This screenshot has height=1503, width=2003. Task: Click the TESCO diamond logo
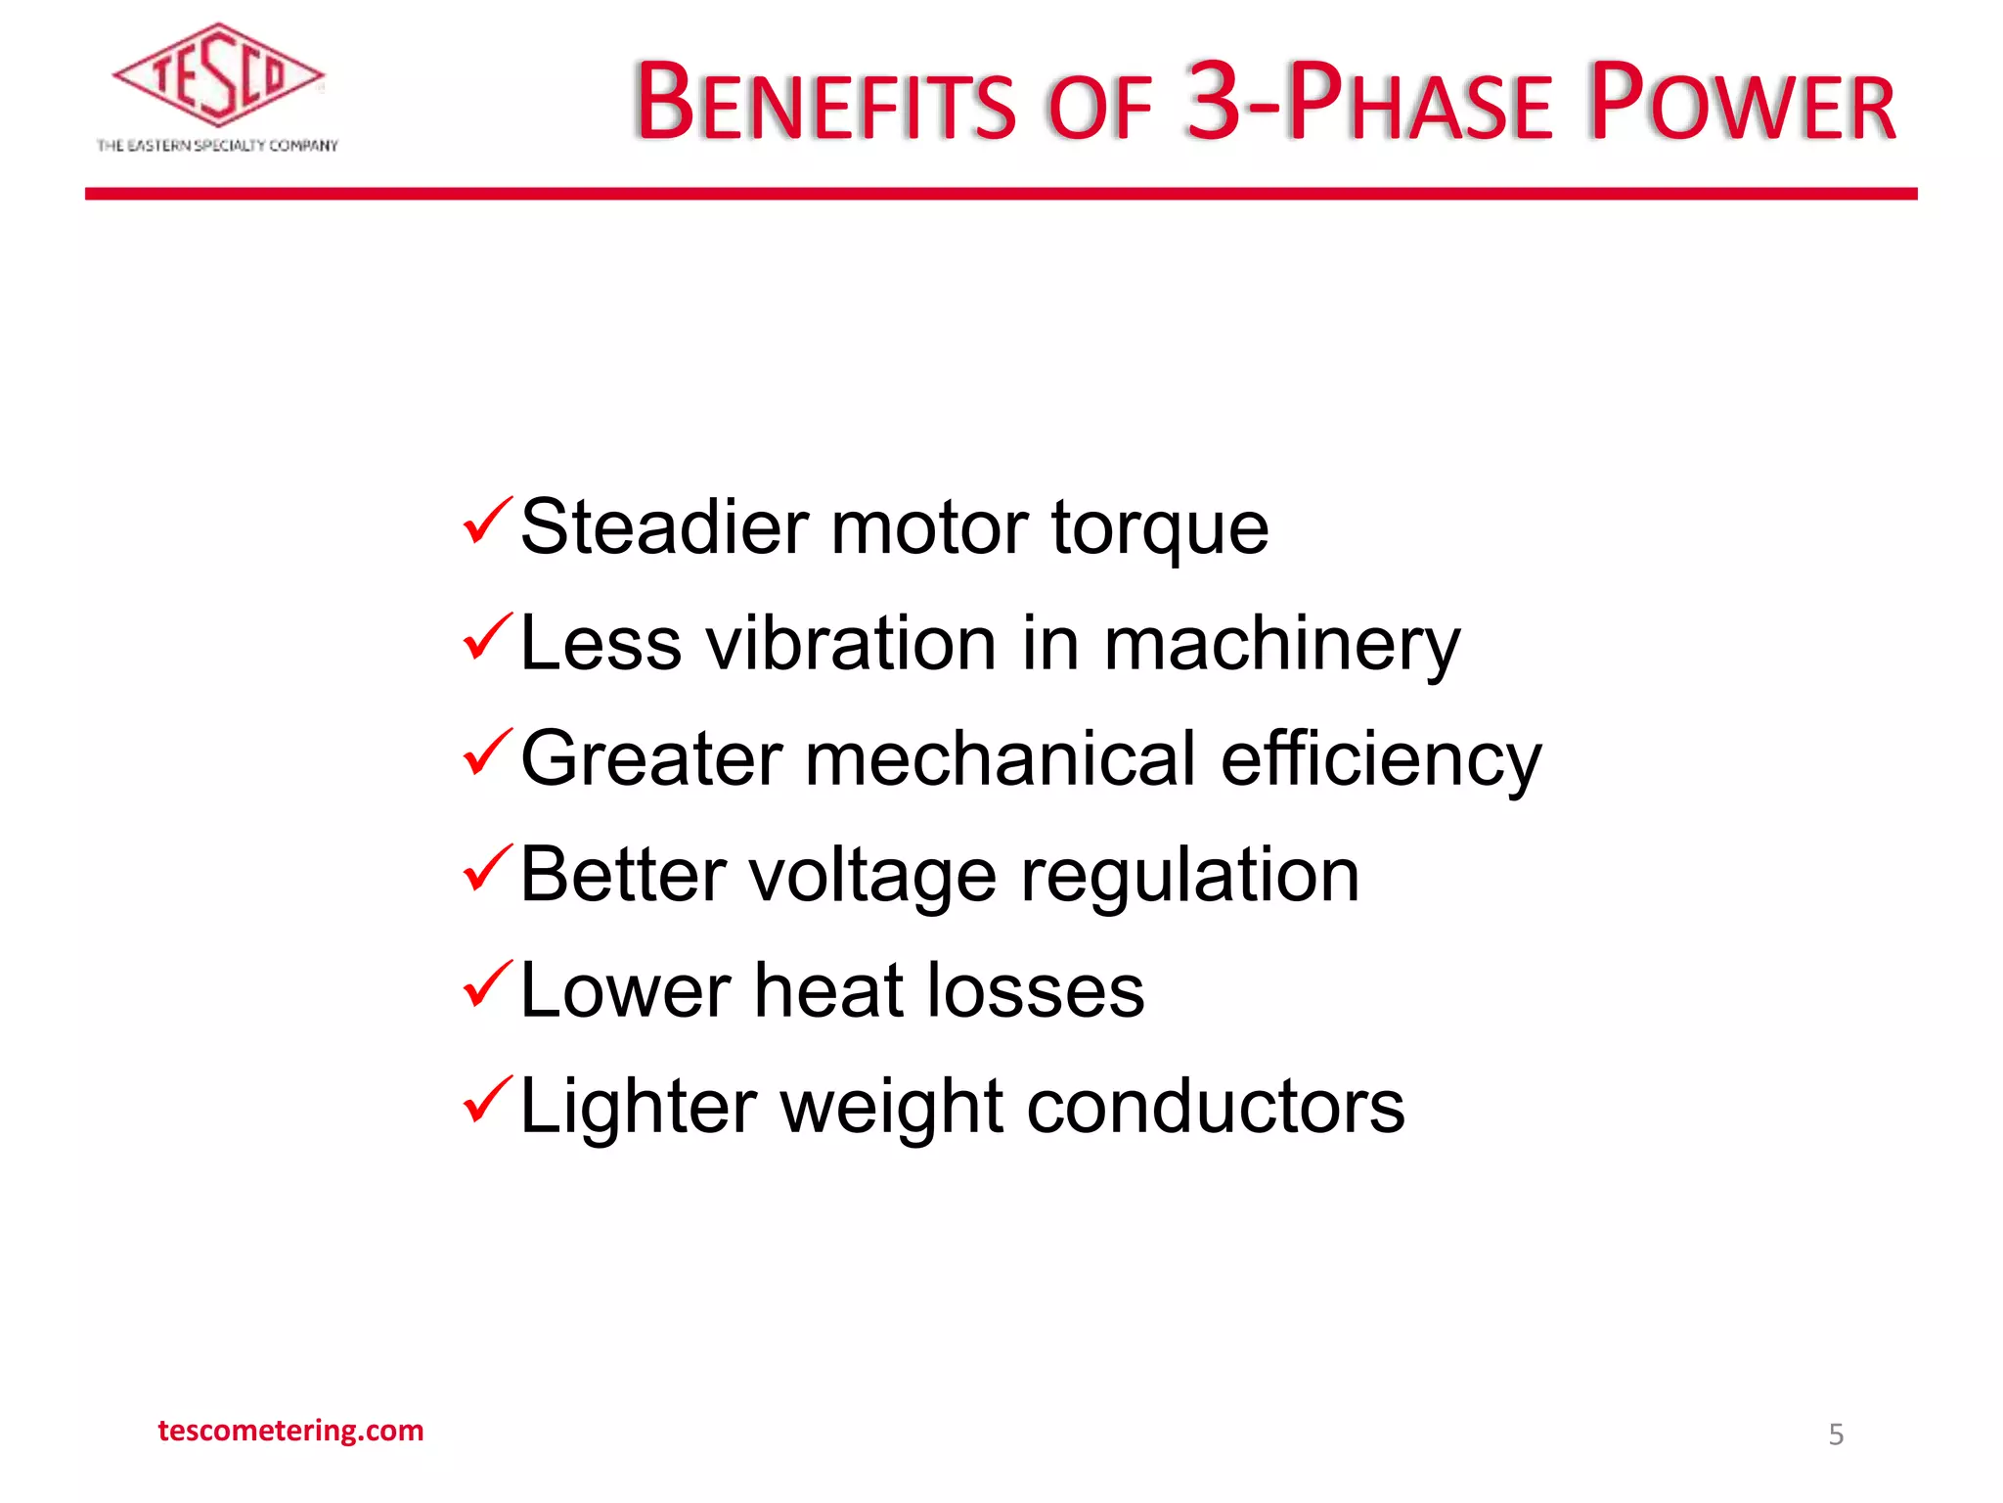(x=218, y=76)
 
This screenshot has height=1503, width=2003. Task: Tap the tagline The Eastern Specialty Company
(x=217, y=146)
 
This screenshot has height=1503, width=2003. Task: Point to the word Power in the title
(x=1741, y=103)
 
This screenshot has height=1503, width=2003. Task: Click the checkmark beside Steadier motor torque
(x=487, y=521)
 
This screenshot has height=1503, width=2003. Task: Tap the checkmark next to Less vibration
(x=487, y=636)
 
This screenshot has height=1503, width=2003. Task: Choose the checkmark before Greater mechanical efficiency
(x=487, y=751)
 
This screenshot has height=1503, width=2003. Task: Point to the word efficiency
(x=1380, y=760)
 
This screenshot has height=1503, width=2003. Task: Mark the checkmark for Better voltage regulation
(x=487, y=867)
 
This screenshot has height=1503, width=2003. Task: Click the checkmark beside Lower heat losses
(x=487, y=983)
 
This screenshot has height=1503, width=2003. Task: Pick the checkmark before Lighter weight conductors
(x=487, y=1099)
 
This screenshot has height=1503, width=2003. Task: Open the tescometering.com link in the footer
(x=290, y=1431)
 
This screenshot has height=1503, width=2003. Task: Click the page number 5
(x=1836, y=1435)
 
